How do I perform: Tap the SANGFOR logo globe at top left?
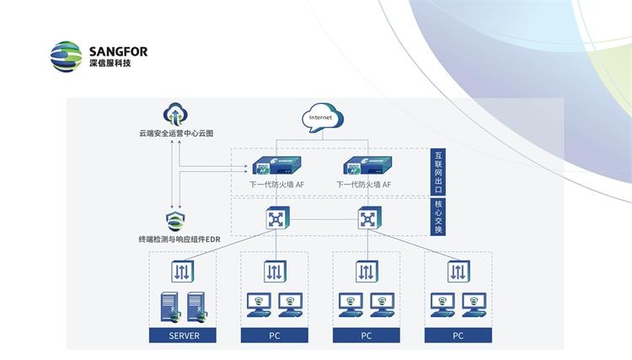tap(67, 56)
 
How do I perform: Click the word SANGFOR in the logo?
tap(117, 51)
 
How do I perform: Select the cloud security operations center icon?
tap(174, 115)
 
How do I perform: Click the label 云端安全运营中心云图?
tap(176, 133)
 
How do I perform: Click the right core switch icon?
tap(367, 219)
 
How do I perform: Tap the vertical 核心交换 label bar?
tap(437, 218)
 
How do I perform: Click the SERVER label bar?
tap(182, 335)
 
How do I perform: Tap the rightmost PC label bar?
tap(457, 335)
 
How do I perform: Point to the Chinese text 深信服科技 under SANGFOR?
tap(110, 63)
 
